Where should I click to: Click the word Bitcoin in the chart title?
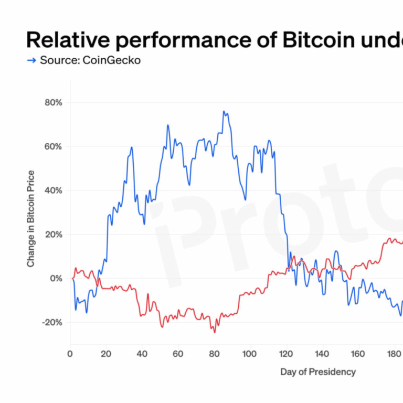316,40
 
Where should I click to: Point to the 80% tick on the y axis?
52,102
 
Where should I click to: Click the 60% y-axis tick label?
52,146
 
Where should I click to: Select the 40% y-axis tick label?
52,190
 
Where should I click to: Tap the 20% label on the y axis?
52,234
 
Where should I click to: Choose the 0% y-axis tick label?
55,278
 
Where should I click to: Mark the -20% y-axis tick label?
51,322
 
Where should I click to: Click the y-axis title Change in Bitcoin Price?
31,218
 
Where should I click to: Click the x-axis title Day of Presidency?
318,372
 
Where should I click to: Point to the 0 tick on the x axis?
70,353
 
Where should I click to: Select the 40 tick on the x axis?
142,353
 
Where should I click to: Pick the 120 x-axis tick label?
286,353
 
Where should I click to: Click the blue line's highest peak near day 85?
224,111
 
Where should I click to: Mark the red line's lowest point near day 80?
214,332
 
